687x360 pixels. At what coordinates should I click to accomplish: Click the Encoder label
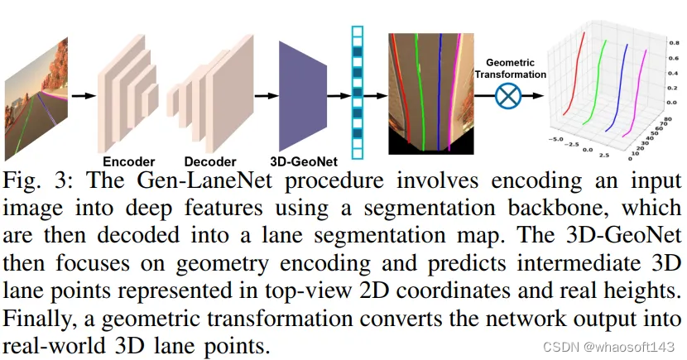128,161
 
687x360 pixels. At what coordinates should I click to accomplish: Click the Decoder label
204,161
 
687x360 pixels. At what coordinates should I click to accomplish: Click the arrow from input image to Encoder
82,95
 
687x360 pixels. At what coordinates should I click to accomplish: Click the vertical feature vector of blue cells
358,91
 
